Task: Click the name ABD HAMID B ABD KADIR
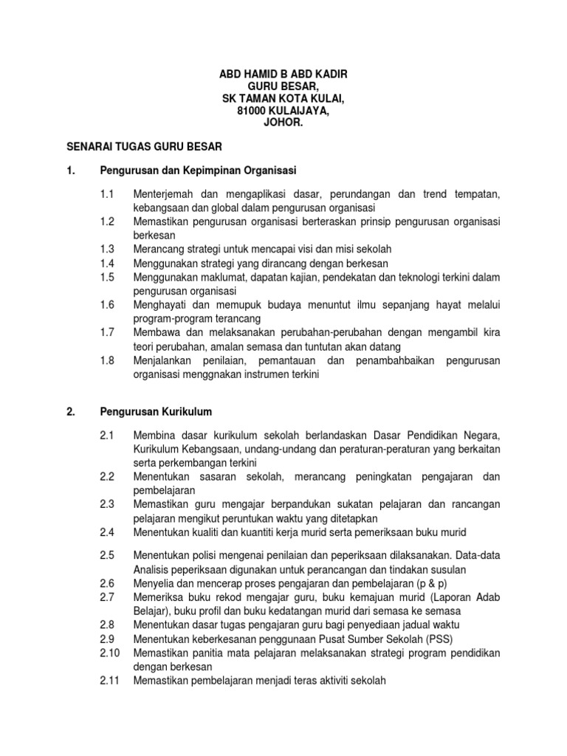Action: [283, 75]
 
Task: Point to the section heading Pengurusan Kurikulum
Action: [157, 412]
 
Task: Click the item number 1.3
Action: [108, 249]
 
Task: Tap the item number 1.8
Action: [108, 360]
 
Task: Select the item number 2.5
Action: [108, 554]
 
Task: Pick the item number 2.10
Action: [110, 653]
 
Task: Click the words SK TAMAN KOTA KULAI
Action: [283, 99]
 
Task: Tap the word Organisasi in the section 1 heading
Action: [269, 171]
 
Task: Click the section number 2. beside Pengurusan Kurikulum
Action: [72, 412]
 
